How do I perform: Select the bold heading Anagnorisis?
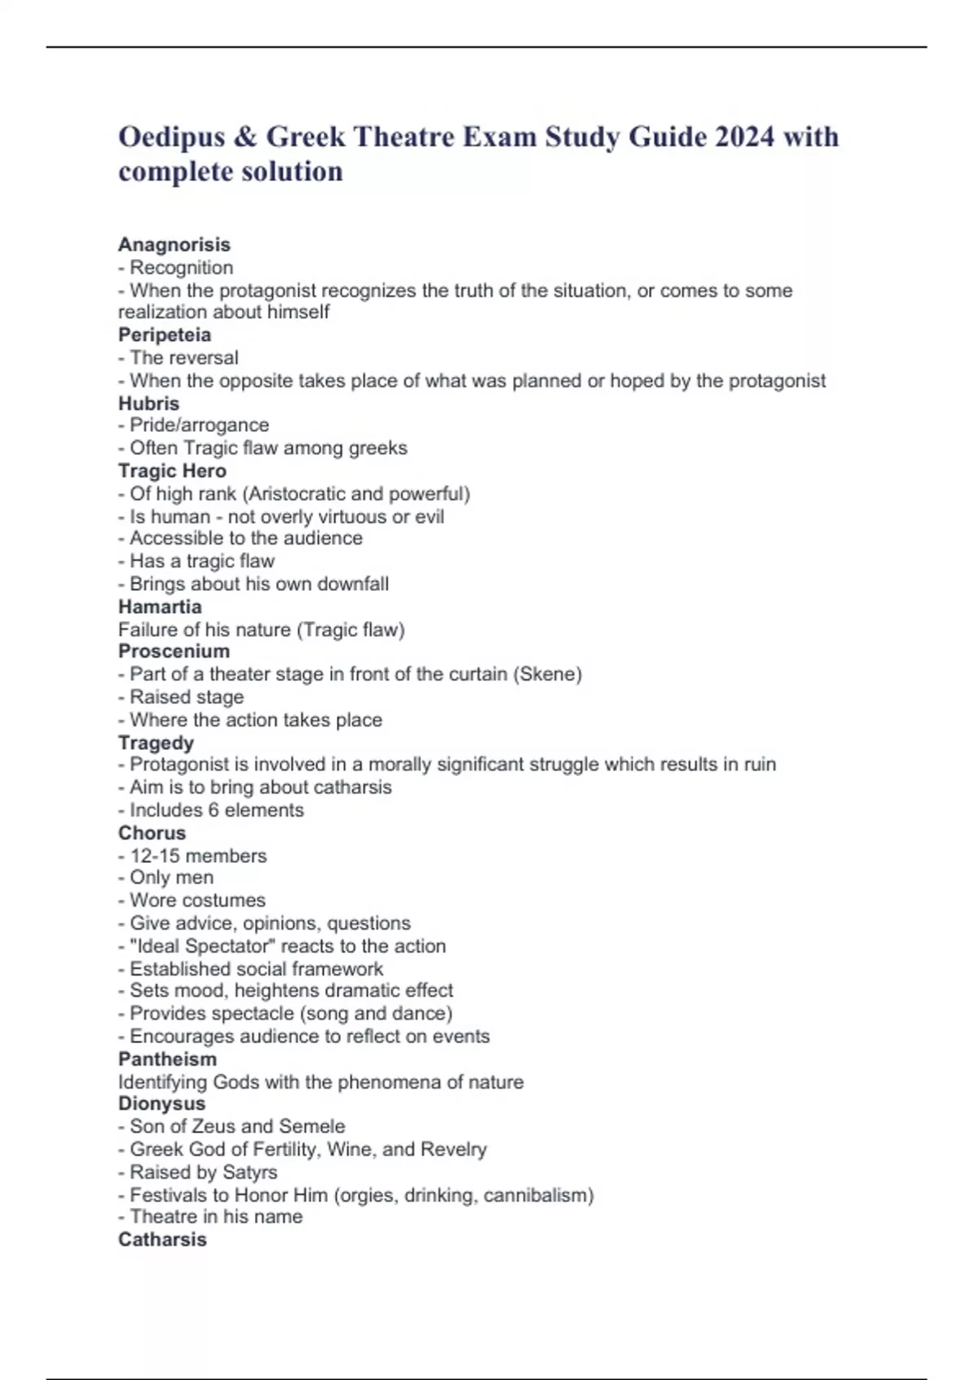[x=174, y=244]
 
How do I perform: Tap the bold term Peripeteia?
[x=164, y=334]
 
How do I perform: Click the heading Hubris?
[x=149, y=403]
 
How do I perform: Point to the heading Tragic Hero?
[x=172, y=471]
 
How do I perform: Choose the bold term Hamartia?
[x=160, y=606]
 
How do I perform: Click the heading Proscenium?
[x=174, y=651]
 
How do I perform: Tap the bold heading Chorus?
[x=152, y=833]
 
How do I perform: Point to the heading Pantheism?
[x=167, y=1059]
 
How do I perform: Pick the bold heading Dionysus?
[x=162, y=1103]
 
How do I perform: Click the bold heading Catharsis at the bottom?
[x=162, y=1240]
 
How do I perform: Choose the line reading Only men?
[x=171, y=878]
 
